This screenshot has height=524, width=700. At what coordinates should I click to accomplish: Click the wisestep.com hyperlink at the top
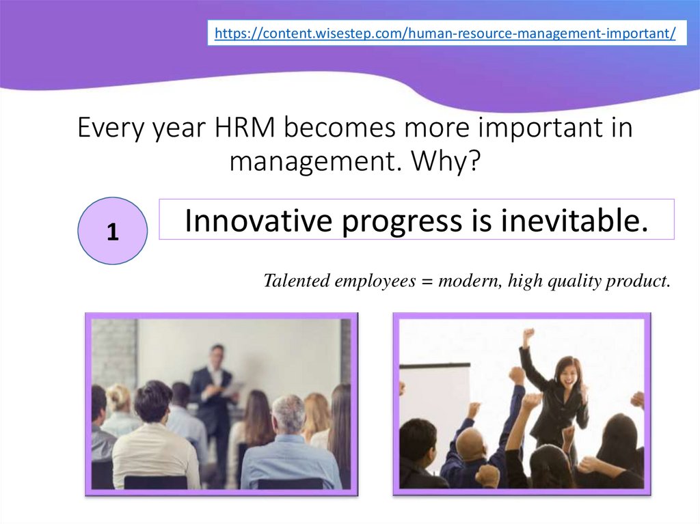tap(445, 33)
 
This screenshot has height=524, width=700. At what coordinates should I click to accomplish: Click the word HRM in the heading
tap(245, 128)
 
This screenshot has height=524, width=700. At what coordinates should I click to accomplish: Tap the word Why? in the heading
tap(446, 162)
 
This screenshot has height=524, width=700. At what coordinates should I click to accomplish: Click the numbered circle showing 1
tap(113, 231)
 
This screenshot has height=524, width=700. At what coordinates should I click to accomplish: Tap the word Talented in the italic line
tap(297, 281)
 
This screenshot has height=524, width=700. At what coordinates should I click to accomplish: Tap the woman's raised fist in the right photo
tap(530, 334)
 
